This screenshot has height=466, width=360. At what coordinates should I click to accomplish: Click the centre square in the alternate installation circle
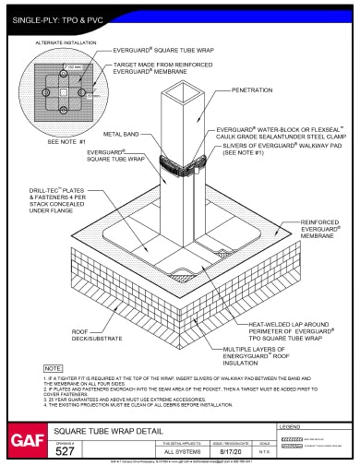coord(62,94)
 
